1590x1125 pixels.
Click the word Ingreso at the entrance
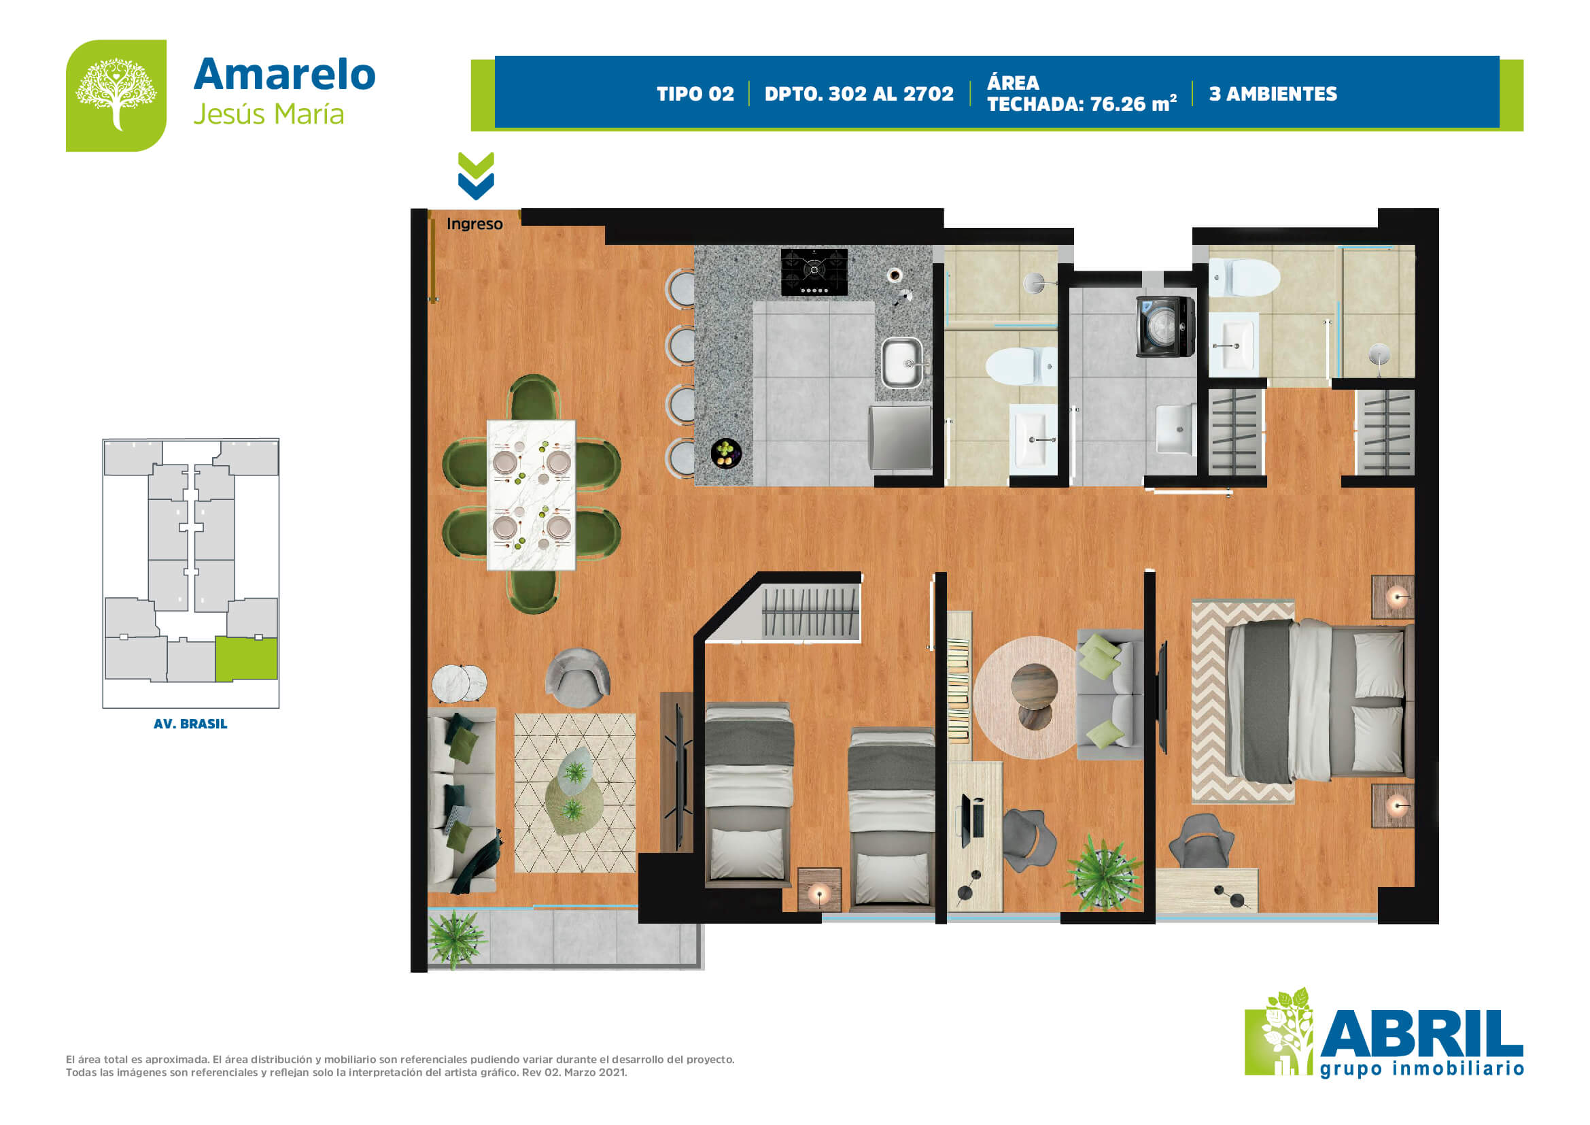coord(474,224)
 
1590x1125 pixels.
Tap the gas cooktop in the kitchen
coord(814,271)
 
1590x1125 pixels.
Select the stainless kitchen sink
coord(901,363)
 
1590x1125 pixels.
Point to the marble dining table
coord(531,494)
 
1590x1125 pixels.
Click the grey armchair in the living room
coord(577,677)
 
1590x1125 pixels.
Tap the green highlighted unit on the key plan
coord(246,659)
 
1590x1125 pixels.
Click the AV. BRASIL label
coord(190,724)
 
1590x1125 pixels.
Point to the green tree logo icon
coord(116,95)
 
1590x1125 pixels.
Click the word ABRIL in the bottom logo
coord(1421,1035)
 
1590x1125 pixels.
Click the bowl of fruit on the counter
coord(726,453)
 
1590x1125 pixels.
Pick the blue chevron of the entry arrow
coord(476,186)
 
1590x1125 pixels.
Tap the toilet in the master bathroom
coord(1244,277)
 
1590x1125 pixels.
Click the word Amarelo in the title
coord(285,74)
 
